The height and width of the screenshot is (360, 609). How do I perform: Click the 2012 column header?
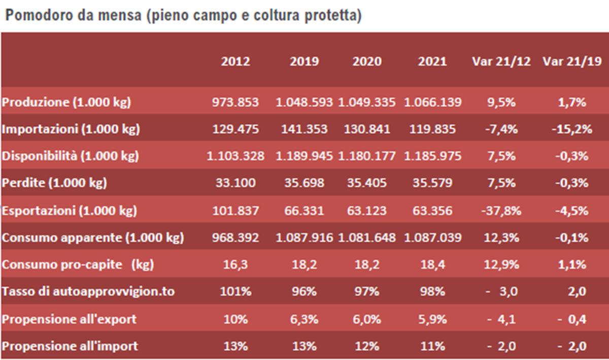click(235, 62)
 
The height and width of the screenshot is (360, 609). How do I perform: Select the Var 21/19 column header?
click(572, 62)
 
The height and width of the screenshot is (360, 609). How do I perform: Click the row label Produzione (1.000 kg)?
click(66, 102)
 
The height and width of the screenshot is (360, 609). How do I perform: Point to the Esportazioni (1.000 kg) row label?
click(69, 210)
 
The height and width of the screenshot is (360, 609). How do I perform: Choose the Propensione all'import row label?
click(70, 346)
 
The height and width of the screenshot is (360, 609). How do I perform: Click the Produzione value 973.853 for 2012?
click(235, 102)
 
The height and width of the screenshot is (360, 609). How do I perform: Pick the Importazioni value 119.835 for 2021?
click(433, 129)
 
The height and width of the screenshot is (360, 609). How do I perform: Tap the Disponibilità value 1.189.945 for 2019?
click(304, 156)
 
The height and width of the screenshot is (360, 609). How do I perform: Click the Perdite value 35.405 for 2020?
click(367, 183)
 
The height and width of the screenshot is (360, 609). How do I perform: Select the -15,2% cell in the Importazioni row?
click(572, 129)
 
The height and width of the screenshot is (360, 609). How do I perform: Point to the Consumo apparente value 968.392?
click(235, 237)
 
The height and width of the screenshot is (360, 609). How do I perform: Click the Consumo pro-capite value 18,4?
click(433, 265)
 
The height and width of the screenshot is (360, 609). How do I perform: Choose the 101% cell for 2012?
click(235, 292)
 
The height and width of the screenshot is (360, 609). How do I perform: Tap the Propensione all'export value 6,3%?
click(304, 319)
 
